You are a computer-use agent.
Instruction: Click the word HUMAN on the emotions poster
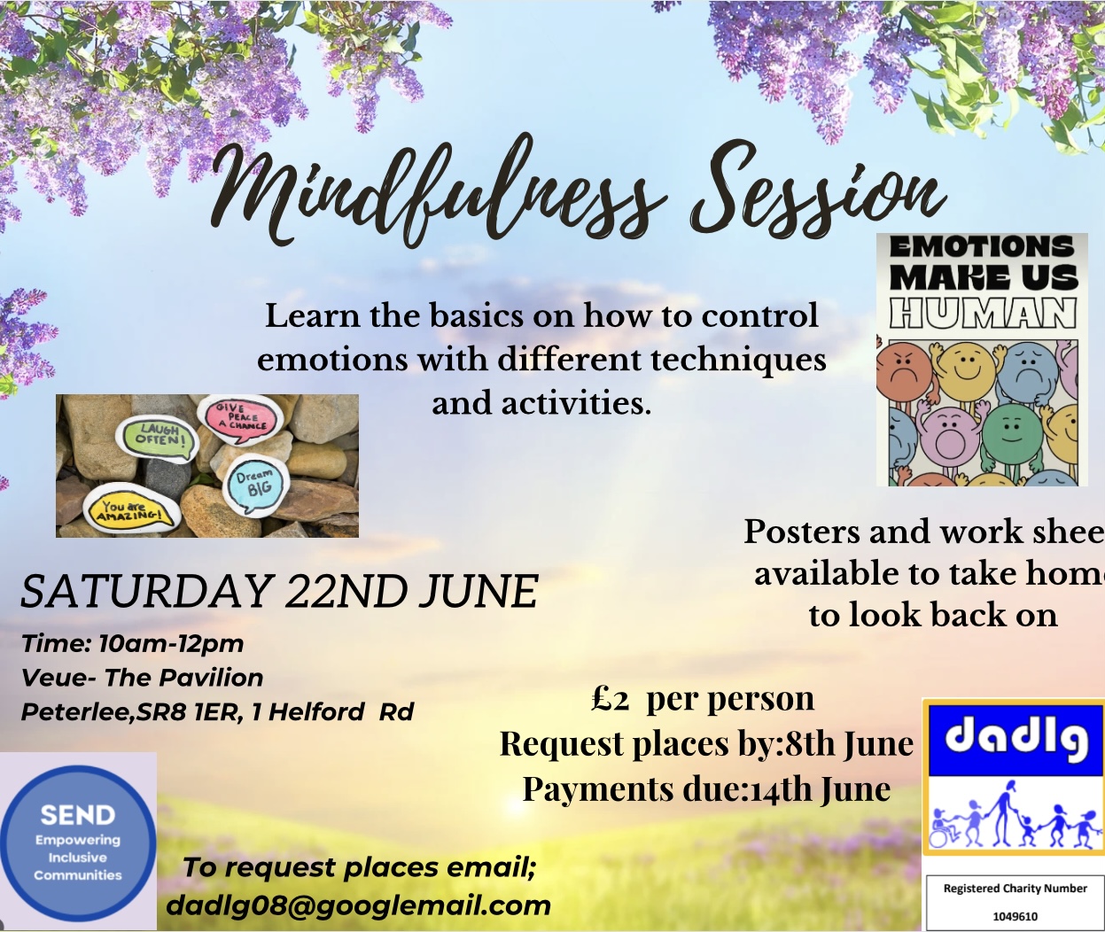pos(983,314)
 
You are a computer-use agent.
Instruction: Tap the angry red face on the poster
pos(903,372)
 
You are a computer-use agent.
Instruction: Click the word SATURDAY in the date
pos(144,591)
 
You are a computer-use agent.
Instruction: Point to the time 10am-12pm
pos(170,645)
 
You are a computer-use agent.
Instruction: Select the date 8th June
pos(848,743)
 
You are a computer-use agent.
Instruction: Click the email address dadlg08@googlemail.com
pos(358,905)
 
